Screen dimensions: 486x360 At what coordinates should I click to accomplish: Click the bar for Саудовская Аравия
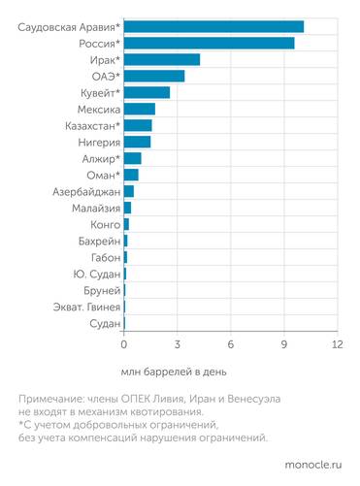[x=213, y=26]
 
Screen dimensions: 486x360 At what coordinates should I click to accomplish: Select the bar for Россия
[x=209, y=43]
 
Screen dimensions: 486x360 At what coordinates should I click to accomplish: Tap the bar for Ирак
[x=161, y=59]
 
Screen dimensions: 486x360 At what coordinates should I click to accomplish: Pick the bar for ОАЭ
[x=153, y=76]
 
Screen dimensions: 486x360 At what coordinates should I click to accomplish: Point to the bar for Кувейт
[x=147, y=92]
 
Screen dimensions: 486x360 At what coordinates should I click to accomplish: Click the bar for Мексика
[x=139, y=109]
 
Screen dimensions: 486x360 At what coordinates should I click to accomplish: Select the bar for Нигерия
[x=137, y=142]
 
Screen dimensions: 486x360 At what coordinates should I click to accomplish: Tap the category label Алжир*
[x=98, y=158]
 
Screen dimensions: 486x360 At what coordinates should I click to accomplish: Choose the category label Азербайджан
[x=81, y=191]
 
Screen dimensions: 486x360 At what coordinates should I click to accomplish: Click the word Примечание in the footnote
[x=52, y=399]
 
